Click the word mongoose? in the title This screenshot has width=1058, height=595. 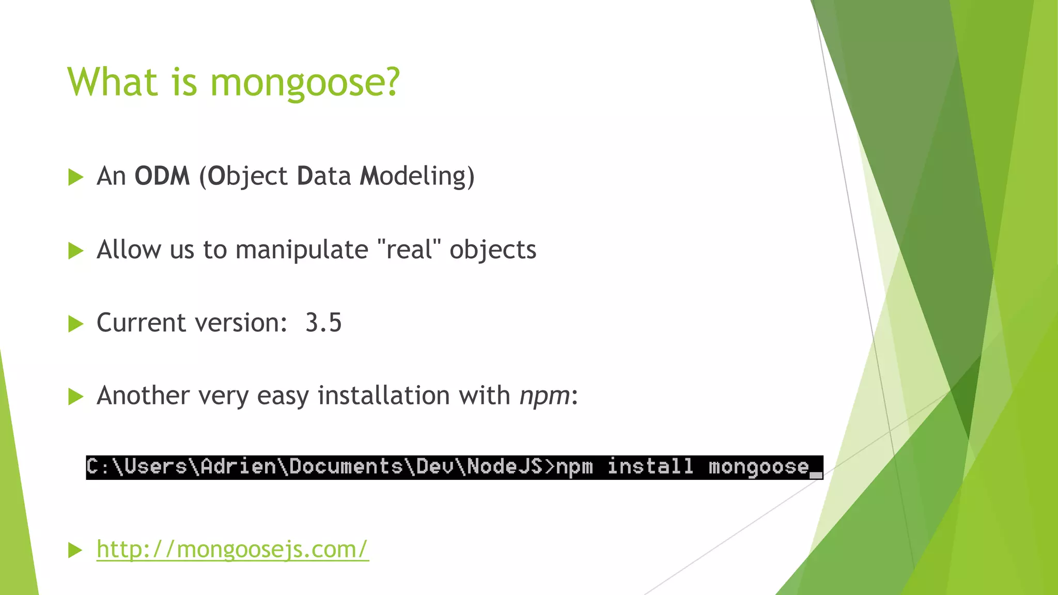point(305,83)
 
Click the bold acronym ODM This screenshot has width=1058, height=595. point(162,176)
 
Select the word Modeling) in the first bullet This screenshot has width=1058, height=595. point(417,176)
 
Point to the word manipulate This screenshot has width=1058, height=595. point(302,250)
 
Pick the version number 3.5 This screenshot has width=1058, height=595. point(323,323)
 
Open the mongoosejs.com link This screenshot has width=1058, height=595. point(232,549)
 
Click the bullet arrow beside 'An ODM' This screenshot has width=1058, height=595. point(76,177)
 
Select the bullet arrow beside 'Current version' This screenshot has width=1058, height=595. point(76,324)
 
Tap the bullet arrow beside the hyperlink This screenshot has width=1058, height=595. point(76,550)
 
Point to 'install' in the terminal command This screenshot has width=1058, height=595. point(650,466)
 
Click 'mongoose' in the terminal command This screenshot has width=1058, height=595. point(758,467)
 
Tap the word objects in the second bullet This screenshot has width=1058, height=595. point(493,250)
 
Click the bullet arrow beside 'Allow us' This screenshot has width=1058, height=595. point(76,251)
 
